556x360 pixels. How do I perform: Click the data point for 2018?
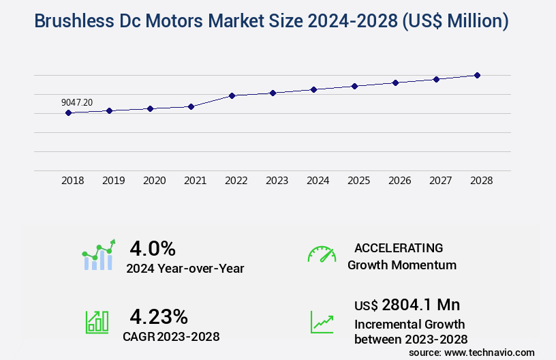68,112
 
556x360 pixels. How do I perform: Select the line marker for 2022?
232,95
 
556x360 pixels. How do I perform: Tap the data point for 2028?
477,75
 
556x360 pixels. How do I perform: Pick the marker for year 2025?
354,86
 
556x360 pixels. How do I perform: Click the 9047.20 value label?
77,102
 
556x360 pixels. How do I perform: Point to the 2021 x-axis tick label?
196,181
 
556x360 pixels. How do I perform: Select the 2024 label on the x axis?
318,181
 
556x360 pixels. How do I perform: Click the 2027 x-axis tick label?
441,181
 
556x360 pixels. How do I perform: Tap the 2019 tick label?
114,181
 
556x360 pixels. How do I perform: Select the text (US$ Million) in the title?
456,21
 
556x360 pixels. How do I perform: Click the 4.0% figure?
153,247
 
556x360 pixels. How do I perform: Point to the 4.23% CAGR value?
159,316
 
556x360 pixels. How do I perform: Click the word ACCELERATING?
399,248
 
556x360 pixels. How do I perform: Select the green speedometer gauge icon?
322,254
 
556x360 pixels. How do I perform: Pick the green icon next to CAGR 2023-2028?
97,322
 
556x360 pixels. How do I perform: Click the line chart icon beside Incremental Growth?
322,322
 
